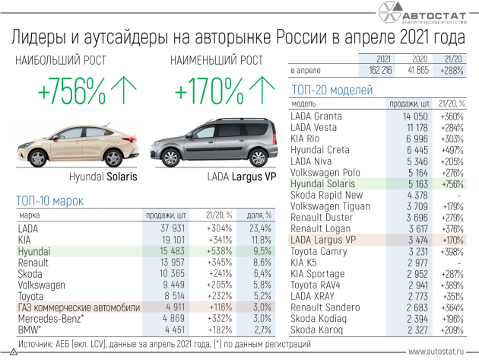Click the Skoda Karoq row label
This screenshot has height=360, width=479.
point(315,331)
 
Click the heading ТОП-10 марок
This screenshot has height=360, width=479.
point(49,200)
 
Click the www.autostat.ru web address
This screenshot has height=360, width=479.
point(439,352)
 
